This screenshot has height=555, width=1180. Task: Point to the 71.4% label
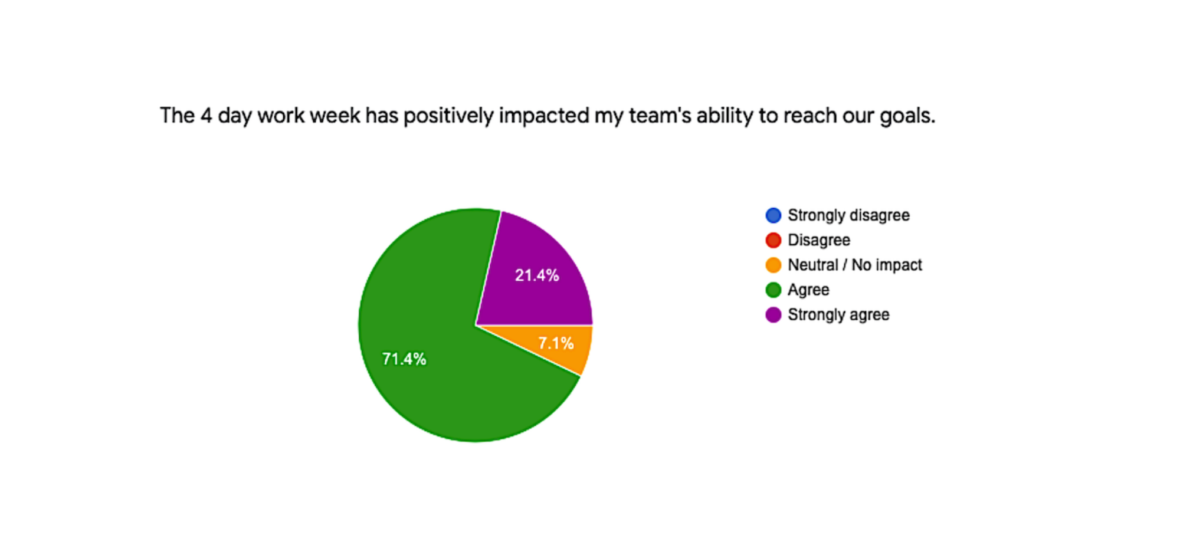coord(404,359)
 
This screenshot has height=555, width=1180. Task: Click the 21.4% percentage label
coord(537,275)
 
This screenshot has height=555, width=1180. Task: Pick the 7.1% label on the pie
coord(556,343)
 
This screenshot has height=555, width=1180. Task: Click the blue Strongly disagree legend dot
coord(773,215)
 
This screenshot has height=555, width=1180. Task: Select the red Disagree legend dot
coord(773,240)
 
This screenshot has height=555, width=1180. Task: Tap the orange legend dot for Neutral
coord(773,265)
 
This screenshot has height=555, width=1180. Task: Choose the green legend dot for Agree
coord(773,290)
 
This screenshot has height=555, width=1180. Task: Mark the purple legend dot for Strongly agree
coord(773,315)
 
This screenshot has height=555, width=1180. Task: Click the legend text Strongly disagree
coord(848,216)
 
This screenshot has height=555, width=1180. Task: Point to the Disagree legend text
coord(819,241)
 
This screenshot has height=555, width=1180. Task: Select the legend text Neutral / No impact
coord(855,265)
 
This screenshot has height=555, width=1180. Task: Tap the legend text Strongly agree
coord(838,315)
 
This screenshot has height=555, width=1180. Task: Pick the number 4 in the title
coord(206,115)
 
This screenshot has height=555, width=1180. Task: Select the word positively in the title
coord(448,116)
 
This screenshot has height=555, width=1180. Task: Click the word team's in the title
coord(660,115)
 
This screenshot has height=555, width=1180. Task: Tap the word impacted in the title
coord(544,116)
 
